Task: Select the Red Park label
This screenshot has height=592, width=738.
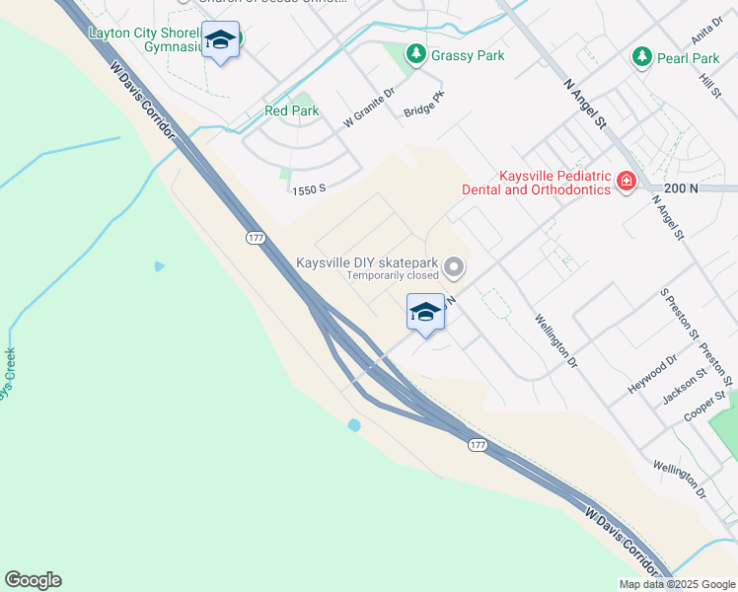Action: tap(291, 111)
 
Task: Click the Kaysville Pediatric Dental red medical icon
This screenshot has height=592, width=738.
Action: tap(626, 182)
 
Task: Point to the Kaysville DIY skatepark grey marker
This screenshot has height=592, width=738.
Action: tap(455, 266)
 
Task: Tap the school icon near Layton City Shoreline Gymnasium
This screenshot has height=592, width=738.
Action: tap(220, 40)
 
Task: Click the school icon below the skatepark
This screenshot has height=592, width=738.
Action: tap(425, 313)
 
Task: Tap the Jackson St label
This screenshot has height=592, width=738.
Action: tap(686, 386)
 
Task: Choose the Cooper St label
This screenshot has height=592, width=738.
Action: tap(706, 407)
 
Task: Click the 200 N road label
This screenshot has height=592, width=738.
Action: tap(681, 187)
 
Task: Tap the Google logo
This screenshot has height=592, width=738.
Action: tap(33, 580)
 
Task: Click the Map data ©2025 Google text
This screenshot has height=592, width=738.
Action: tap(676, 584)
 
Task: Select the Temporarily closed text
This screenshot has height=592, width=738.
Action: tap(391, 276)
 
